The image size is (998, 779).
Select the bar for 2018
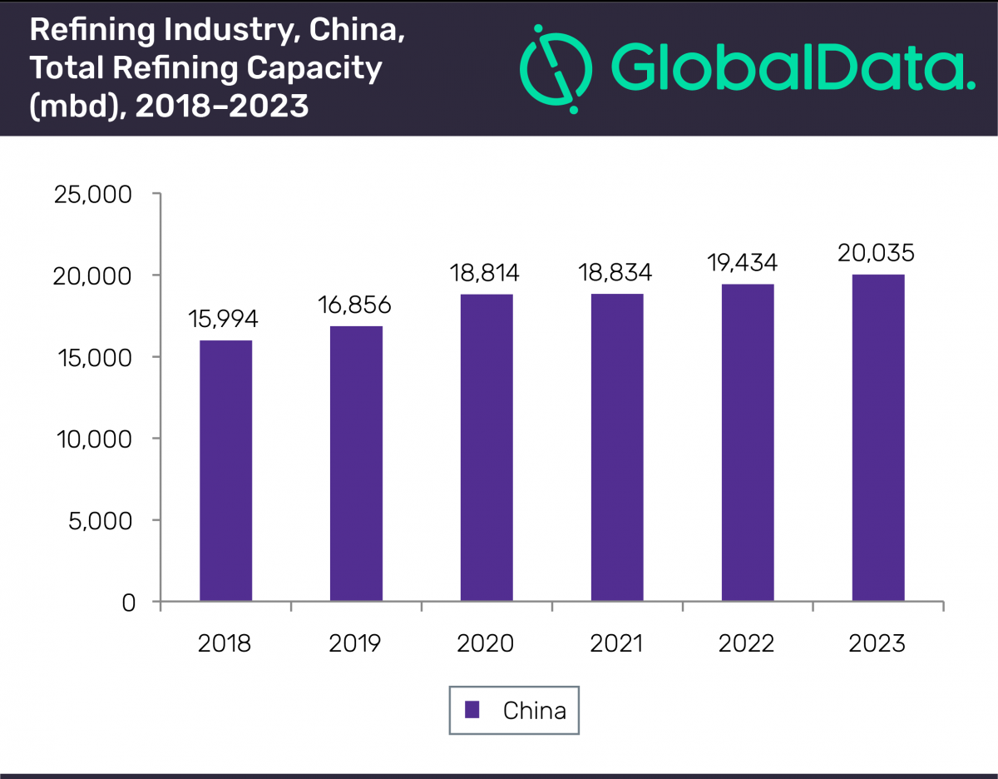click(x=225, y=470)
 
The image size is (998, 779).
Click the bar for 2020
click(x=487, y=447)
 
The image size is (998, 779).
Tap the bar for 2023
click(x=878, y=437)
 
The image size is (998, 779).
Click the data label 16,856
click(x=355, y=305)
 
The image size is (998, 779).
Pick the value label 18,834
click(x=616, y=272)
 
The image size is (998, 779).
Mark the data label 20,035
click(x=877, y=253)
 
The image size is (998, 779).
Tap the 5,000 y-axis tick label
click(x=103, y=520)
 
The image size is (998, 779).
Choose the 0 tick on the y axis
click(x=127, y=602)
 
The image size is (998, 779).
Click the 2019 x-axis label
click(x=355, y=643)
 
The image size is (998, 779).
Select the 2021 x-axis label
click(x=616, y=643)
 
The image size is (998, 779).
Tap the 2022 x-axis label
click(x=747, y=643)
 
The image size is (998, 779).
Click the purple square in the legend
click(x=472, y=710)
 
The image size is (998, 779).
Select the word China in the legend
click(x=534, y=711)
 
